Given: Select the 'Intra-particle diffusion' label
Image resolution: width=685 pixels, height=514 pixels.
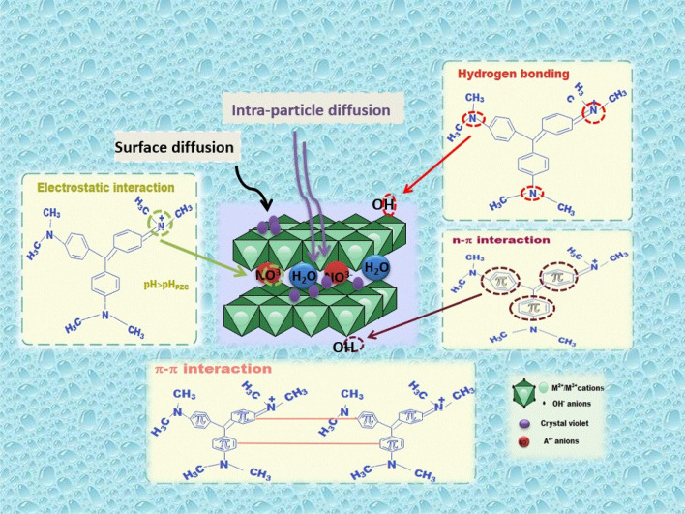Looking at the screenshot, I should coord(312,109).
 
